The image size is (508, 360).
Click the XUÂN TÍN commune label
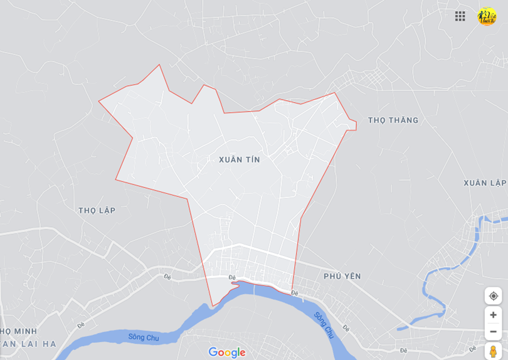(x=240, y=160)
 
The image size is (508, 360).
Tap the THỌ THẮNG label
(x=393, y=120)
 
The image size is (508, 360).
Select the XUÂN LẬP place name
(x=485, y=183)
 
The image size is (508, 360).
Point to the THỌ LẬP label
(x=97, y=210)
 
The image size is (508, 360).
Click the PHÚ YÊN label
(x=342, y=276)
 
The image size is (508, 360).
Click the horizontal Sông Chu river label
(x=144, y=337)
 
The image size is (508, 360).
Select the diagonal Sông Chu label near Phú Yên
(x=325, y=325)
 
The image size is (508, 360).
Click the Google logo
(x=227, y=352)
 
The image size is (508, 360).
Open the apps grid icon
(x=460, y=16)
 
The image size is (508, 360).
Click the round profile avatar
(x=487, y=16)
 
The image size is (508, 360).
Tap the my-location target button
(x=494, y=296)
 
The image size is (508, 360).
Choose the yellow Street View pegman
(x=494, y=351)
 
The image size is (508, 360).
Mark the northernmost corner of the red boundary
(x=160, y=65)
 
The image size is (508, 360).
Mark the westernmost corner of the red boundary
(x=98, y=100)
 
